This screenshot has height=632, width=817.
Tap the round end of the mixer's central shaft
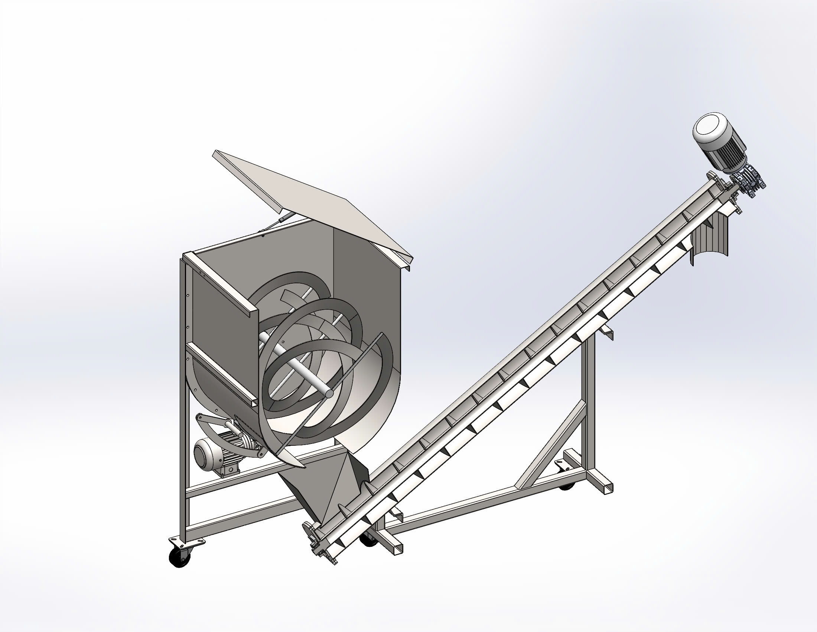point(329,393)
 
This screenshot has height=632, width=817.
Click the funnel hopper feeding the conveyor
point(329,483)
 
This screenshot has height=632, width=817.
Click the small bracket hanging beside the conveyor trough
point(606,331)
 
